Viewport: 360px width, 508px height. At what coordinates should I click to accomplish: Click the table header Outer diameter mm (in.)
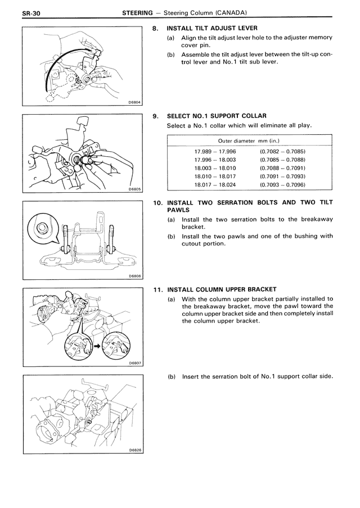click(250, 140)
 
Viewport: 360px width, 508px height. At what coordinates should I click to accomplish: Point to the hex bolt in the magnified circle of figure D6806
click(42, 228)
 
